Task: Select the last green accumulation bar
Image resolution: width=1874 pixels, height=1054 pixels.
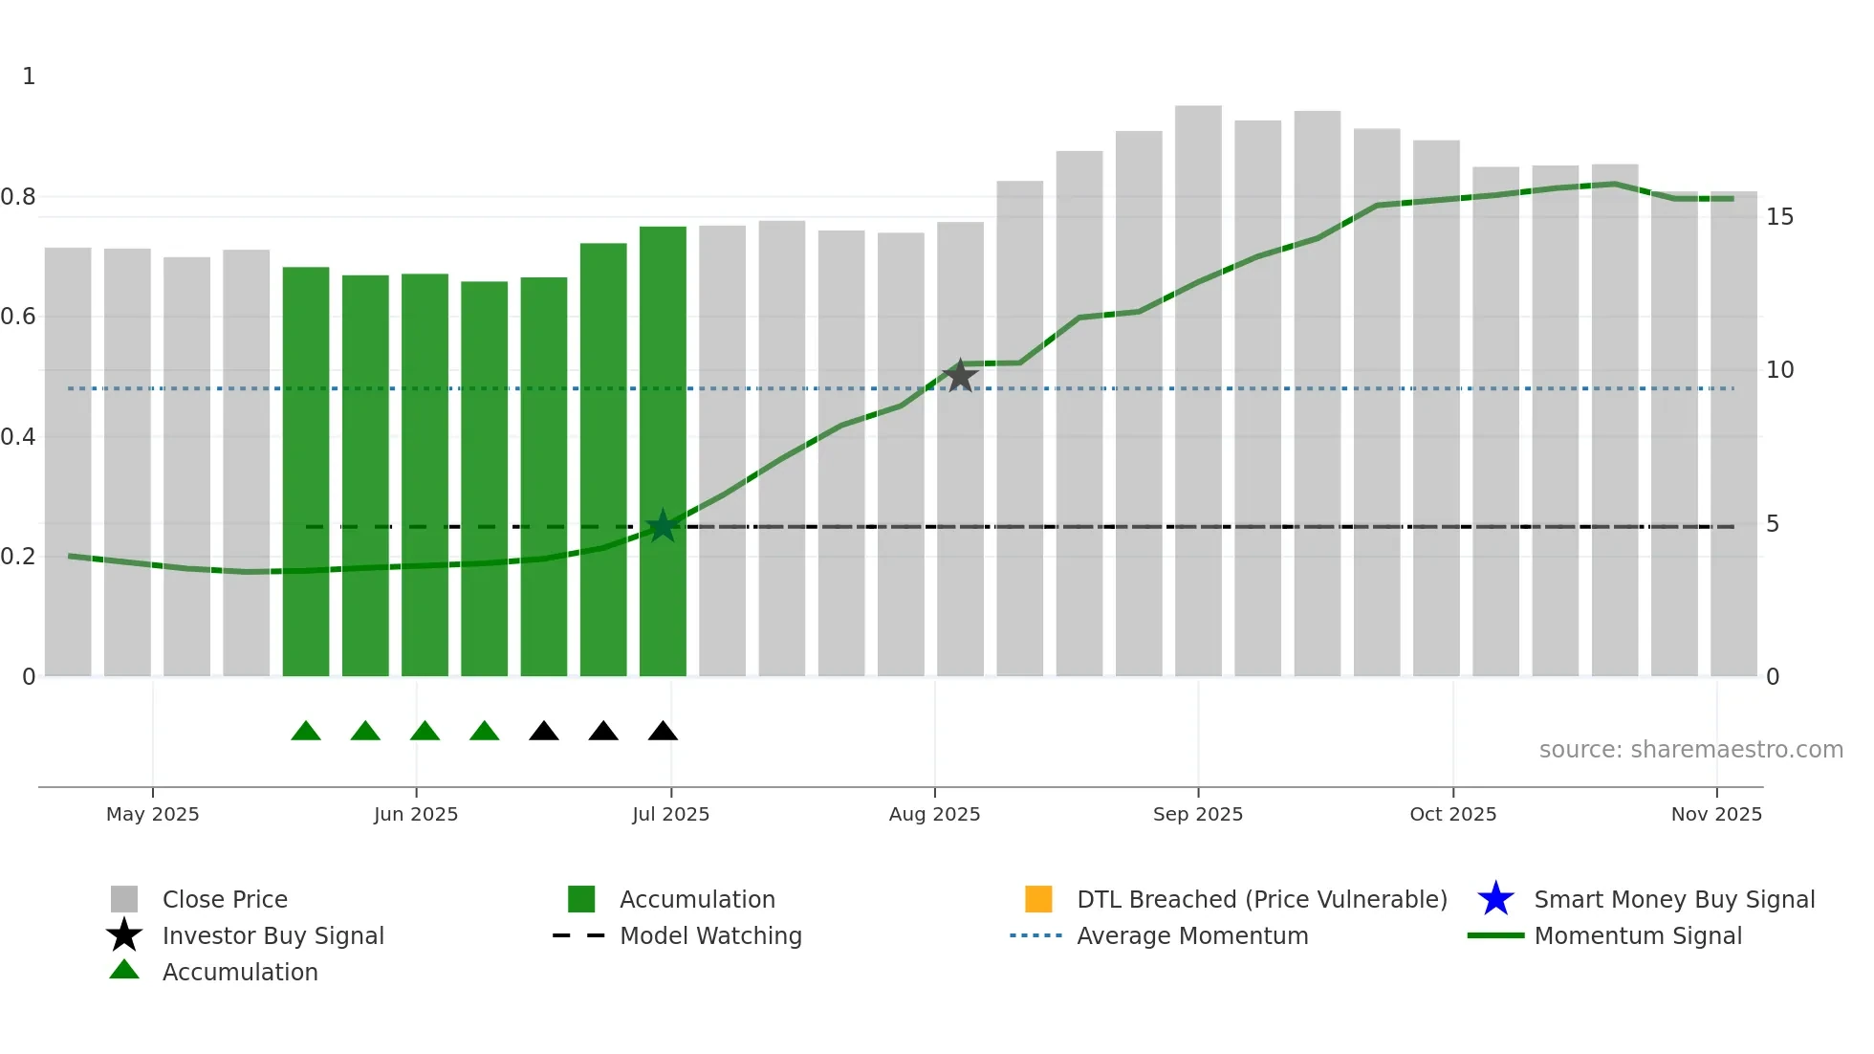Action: click(x=663, y=450)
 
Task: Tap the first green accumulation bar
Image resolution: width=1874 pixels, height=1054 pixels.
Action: click(x=306, y=469)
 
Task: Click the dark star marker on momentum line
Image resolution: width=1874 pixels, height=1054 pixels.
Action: click(x=960, y=376)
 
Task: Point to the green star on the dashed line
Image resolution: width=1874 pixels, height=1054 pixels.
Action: click(x=663, y=526)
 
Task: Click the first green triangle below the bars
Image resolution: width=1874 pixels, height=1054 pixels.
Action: click(x=306, y=732)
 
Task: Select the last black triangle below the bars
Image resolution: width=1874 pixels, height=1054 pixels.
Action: click(x=663, y=732)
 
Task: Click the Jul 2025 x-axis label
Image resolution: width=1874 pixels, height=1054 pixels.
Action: click(x=670, y=814)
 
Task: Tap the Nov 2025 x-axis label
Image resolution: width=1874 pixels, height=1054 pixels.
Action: click(x=1715, y=814)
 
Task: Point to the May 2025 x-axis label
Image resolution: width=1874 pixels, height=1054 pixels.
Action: click(x=153, y=814)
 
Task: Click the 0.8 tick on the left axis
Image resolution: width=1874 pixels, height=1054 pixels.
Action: click(x=18, y=197)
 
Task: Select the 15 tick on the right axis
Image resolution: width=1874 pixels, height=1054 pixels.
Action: click(x=1778, y=217)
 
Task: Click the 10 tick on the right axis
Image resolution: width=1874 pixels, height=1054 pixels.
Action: click(x=1778, y=370)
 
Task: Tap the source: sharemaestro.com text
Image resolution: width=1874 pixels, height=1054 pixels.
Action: click(x=1690, y=750)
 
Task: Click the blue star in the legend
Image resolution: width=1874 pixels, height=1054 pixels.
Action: click(x=1495, y=899)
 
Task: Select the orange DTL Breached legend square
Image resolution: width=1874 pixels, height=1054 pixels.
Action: click(x=1038, y=899)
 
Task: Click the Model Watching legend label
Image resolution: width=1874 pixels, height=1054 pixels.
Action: click(x=710, y=935)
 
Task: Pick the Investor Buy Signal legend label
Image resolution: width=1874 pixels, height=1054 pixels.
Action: click(x=273, y=935)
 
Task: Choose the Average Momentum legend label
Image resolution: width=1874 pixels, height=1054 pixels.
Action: click(x=1192, y=935)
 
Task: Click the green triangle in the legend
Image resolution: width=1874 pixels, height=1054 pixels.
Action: click(x=124, y=970)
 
